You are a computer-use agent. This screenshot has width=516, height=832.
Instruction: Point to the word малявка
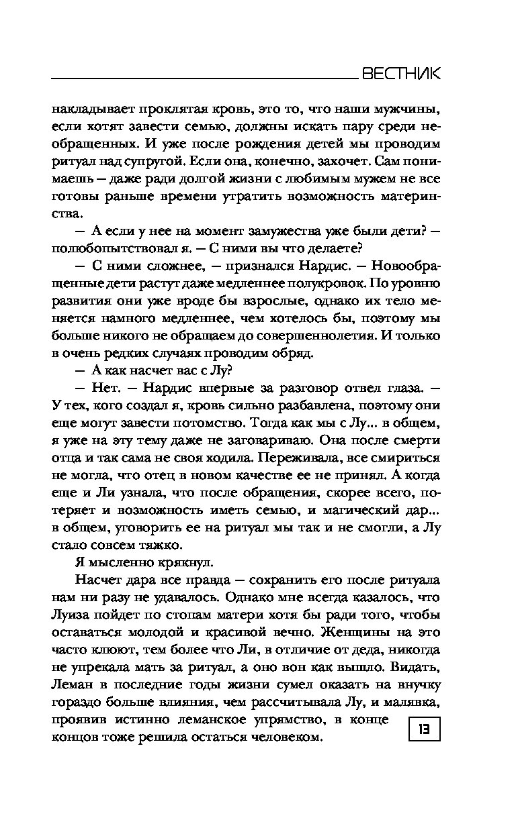coord(415,702)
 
